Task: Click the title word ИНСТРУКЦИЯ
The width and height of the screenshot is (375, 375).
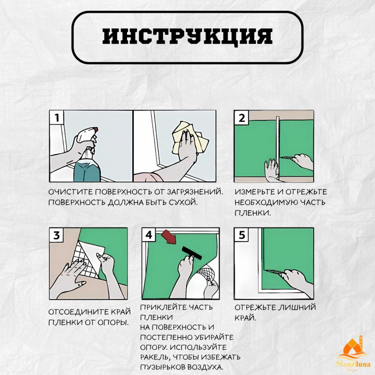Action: pos(187,37)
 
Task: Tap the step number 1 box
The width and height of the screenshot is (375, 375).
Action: pos(57,117)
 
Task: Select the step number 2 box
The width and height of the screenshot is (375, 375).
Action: pos(241,118)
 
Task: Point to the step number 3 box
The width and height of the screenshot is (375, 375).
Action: pos(57,235)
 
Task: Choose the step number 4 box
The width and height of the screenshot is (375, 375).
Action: pos(149,235)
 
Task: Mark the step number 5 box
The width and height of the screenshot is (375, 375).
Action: pos(241,235)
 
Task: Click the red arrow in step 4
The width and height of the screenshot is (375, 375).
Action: pos(169,237)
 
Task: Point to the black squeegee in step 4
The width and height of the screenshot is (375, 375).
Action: pos(192,253)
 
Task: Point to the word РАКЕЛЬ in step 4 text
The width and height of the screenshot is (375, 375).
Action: pos(155,357)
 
